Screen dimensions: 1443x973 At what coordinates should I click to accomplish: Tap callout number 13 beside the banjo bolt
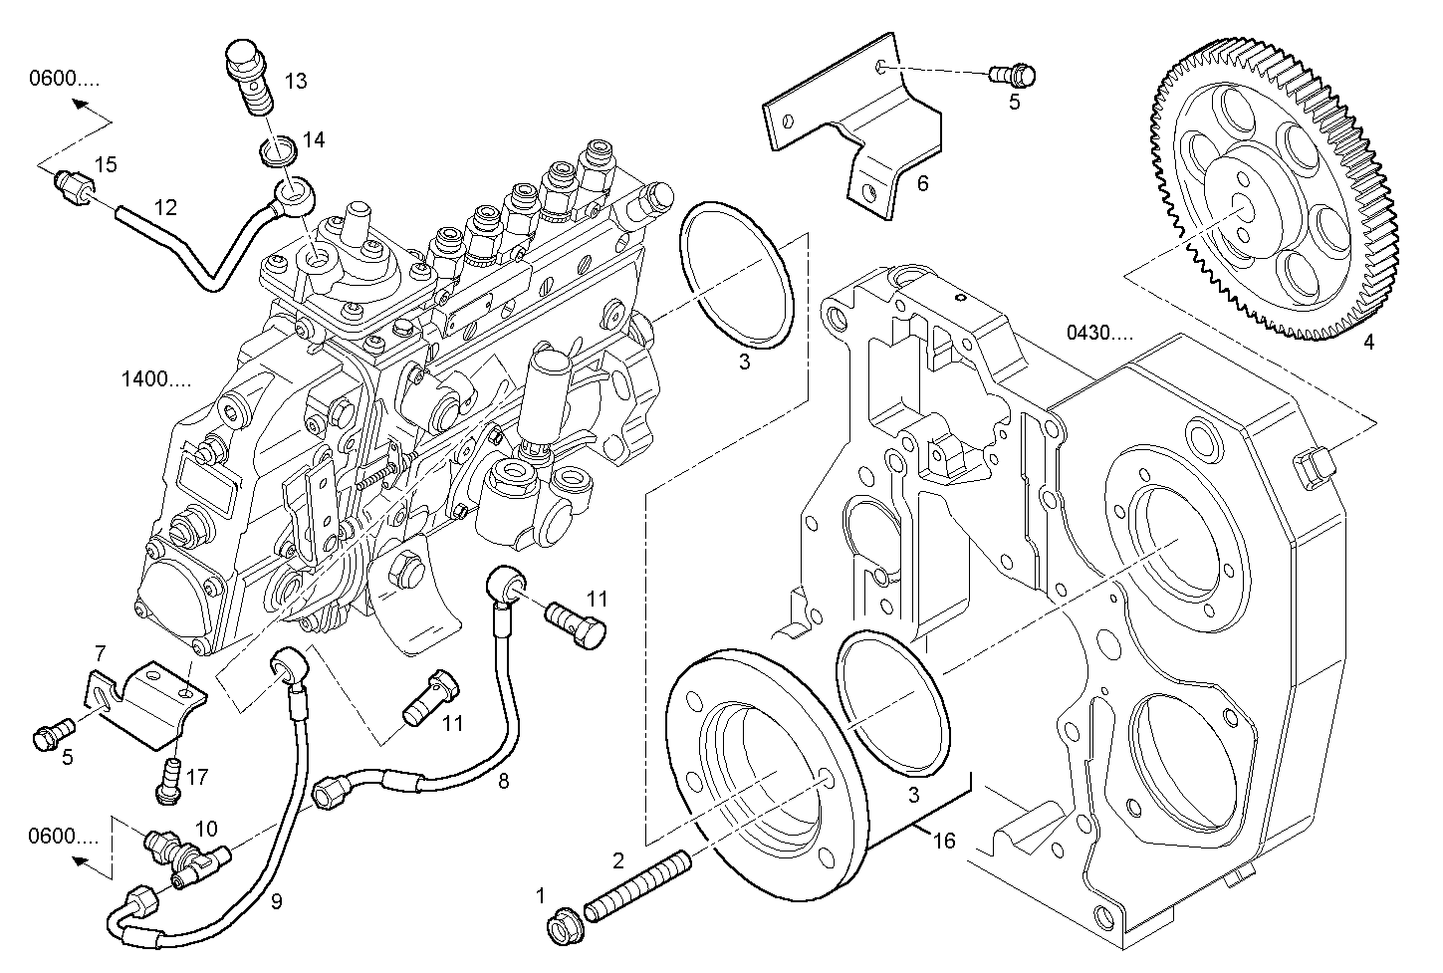coord(296,82)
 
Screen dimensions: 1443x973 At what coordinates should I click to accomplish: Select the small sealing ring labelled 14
coord(278,150)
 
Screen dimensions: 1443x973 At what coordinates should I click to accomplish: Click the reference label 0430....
coord(1099,333)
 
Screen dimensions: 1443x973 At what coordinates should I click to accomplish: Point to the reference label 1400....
coord(156,378)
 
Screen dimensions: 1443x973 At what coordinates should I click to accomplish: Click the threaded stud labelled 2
coord(637,886)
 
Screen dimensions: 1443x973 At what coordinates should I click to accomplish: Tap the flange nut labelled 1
coord(566,926)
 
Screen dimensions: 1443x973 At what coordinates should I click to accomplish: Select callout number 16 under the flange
coord(944,841)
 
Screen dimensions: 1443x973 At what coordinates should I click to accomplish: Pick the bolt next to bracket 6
coord(1013,76)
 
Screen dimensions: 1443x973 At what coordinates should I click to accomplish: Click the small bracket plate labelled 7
coord(145,704)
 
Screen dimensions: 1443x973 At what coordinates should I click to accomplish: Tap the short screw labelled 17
coord(168,782)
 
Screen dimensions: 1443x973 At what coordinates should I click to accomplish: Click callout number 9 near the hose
coord(277,901)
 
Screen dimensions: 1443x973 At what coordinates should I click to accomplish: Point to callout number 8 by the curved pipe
coord(503,781)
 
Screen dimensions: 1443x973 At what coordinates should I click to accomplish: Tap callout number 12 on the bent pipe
coord(165,207)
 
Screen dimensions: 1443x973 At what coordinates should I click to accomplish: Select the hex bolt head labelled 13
coord(245,58)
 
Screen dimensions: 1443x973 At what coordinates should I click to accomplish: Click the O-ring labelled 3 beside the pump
coord(736,275)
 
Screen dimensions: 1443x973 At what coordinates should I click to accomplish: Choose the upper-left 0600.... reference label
coord(65,79)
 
